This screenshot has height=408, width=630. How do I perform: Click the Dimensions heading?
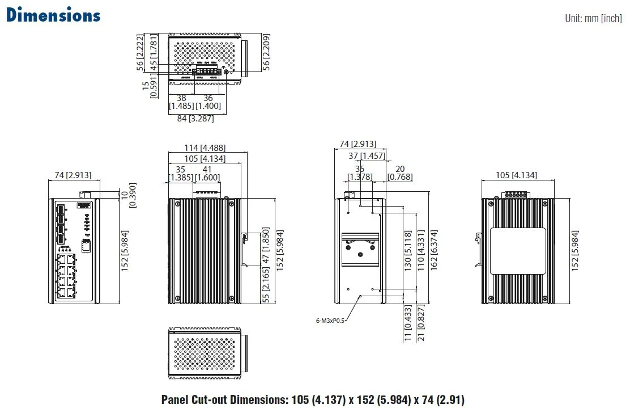point(53,15)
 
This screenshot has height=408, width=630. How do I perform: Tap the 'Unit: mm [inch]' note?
point(593,19)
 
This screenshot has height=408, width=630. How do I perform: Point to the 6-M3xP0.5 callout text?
point(330,321)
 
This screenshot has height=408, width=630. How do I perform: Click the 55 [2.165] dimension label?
point(266,287)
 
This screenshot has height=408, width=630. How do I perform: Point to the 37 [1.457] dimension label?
point(367,156)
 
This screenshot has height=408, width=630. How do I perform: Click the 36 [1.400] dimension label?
point(208,102)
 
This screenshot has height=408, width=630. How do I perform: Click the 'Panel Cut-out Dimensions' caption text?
point(313,399)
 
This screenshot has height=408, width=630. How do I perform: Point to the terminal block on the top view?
point(206,71)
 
